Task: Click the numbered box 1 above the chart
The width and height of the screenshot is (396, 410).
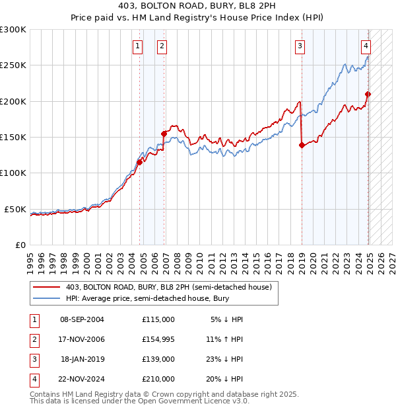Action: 137,46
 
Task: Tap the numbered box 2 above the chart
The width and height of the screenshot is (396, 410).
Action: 162,46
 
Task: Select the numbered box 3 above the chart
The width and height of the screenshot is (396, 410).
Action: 300,46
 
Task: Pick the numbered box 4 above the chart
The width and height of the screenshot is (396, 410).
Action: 366,46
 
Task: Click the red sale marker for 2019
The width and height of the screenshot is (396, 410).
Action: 302,145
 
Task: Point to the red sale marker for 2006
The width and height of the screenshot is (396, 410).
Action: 164,134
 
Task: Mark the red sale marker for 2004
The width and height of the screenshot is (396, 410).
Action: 139,162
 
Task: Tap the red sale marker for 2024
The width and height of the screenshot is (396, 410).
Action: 368,94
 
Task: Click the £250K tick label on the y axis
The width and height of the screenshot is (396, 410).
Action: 13,65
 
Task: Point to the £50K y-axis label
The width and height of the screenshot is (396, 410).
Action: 16,209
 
